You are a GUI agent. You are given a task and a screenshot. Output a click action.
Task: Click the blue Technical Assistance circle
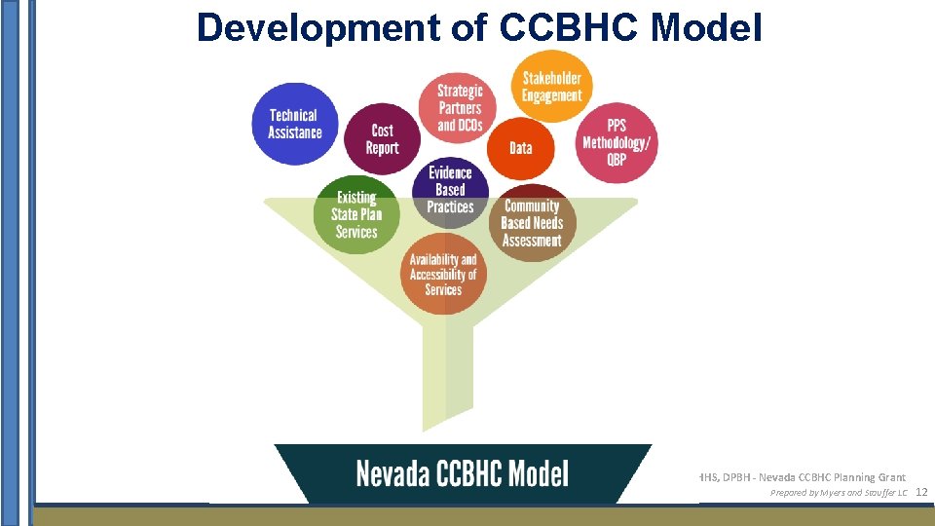pyautogui.click(x=293, y=123)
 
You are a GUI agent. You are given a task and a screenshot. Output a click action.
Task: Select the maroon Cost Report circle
pyautogui.click(x=383, y=139)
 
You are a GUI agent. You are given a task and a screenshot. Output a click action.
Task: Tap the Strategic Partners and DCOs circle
pyautogui.click(x=459, y=107)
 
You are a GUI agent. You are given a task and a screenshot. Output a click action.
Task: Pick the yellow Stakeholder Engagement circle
pyautogui.click(x=552, y=86)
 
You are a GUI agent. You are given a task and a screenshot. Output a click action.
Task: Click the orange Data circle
pyautogui.click(x=521, y=148)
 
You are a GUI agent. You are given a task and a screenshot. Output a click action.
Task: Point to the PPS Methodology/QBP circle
pyautogui.click(x=617, y=142)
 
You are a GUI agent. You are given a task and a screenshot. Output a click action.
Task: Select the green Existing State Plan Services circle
pyautogui.click(x=356, y=214)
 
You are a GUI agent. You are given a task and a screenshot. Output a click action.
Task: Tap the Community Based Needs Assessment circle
pyautogui.click(x=533, y=222)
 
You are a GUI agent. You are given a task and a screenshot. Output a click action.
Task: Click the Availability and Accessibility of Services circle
pyautogui.click(x=443, y=274)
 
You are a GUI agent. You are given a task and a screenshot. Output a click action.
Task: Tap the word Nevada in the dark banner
pyautogui.click(x=394, y=474)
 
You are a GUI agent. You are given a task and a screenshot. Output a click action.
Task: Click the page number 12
pyautogui.click(x=921, y=493)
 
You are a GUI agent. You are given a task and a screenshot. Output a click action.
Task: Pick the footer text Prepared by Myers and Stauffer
pyautogui.click(x=839, y=493)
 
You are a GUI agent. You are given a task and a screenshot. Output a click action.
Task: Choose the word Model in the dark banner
pyautogui.click(x=537, y=474)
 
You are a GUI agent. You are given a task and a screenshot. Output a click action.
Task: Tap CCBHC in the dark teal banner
pyautogui.click(x=467, y=474)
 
